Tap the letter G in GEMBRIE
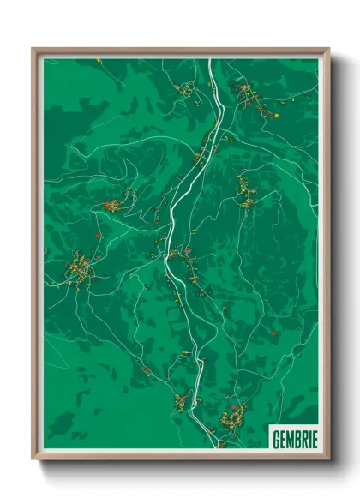coord(275,439)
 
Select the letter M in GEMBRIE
coord(289,439)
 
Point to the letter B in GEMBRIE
coord(297,439)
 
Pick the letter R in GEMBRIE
coord(303,439)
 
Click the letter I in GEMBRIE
coord(309,439)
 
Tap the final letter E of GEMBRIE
coord(314,439)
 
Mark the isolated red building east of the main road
coord(273,333)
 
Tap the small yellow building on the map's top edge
coord(99,61)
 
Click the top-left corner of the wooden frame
coord(33,48)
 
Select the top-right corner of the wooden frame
coord(329,48)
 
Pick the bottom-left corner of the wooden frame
coord(33,459)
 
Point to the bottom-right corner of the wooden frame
coord(329,459)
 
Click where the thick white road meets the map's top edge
coord(211,58)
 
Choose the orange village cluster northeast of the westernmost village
coord(112,205)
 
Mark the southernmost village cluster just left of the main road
coord(181,399)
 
